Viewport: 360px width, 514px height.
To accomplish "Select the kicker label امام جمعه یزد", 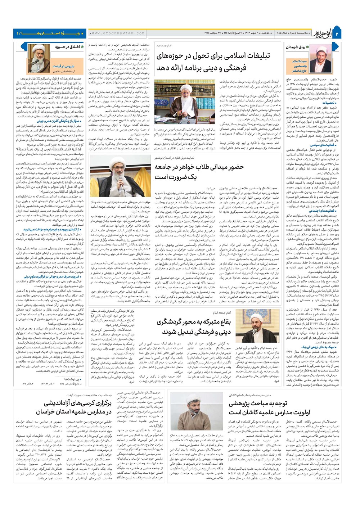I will point(163,46).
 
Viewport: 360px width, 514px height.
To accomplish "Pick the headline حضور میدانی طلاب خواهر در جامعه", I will point(199,167).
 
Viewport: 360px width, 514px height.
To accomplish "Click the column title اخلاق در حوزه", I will point(67,47).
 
